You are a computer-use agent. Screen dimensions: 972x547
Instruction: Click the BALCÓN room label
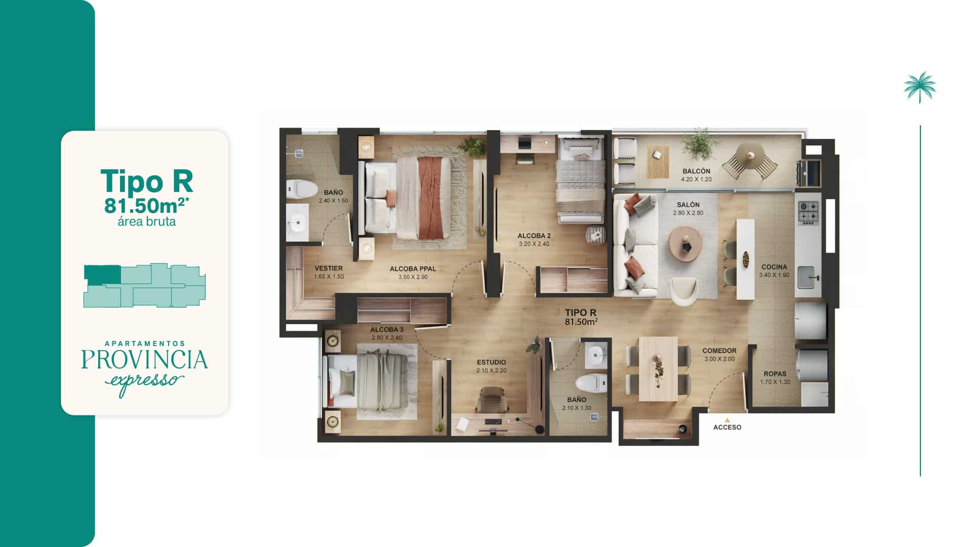click(696, 171)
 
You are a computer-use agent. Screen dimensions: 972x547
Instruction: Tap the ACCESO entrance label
click(727, 427)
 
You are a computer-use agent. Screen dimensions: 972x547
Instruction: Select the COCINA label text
click(774, 267)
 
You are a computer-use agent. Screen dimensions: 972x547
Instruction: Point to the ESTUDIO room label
click(491, 362)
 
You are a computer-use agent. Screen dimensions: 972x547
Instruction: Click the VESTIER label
click(329, 268)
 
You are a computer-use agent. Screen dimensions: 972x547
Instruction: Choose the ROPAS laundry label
click(775, 374)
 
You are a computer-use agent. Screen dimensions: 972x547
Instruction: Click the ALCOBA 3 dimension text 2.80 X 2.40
click(387, 338)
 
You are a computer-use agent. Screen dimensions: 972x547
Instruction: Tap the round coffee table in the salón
click(685, 244)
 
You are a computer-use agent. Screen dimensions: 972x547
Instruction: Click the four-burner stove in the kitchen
click(808, 213)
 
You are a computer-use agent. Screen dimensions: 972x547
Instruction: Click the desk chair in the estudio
click(492, 400)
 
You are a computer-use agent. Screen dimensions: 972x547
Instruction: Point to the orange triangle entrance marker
click(727, 420)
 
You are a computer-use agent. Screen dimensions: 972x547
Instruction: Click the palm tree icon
click(920, 87)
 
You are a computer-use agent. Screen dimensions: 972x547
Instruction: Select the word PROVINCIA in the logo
click(145, 360)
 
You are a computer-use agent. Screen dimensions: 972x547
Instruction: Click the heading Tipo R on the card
click(147, 181)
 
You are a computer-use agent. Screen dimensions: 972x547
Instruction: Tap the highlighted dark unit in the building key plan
click(102, 275)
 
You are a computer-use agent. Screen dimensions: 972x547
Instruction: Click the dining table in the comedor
click(658, 369)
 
